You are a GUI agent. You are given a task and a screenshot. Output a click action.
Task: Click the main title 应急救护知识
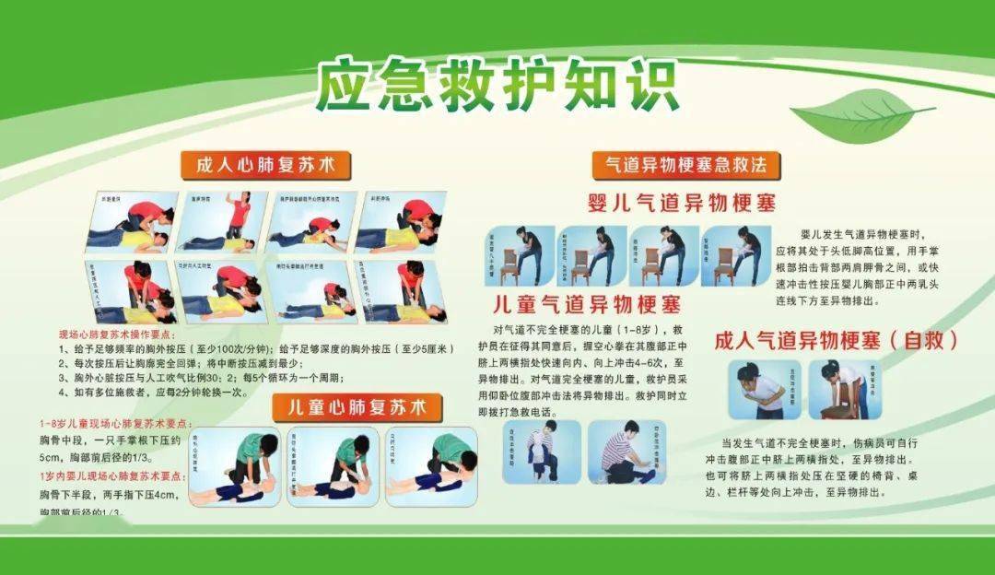coord(497,86)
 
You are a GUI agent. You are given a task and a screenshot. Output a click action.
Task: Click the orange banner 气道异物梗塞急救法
coord(685,165)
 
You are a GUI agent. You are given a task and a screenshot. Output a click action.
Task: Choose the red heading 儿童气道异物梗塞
coord(586,303)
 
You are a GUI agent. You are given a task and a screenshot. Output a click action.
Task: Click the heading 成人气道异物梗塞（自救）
coord(836,340)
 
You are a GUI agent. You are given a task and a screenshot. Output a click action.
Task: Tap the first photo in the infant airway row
coord(519,255)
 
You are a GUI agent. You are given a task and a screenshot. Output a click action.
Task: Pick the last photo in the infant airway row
coord(736,255)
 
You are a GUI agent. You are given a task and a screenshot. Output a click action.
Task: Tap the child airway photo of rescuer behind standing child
coord(542,452)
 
